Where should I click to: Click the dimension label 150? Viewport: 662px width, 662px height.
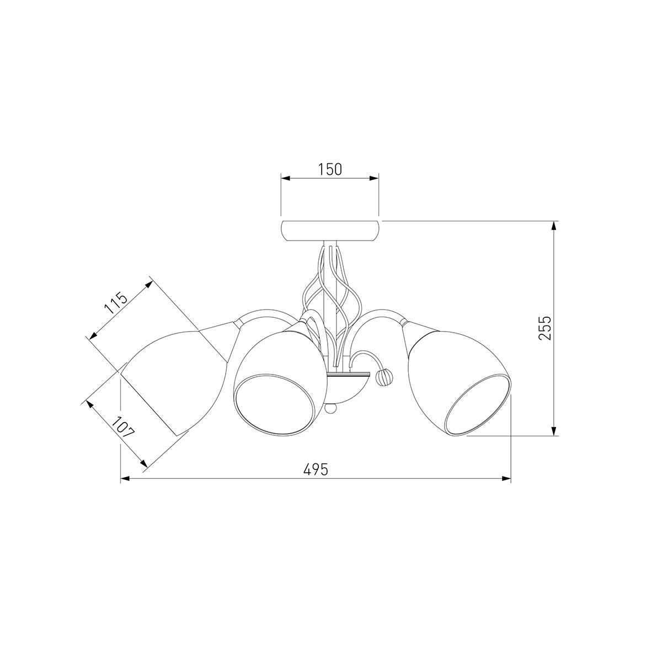329,169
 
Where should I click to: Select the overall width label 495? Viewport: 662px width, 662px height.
316,469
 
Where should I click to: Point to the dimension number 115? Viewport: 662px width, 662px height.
116,303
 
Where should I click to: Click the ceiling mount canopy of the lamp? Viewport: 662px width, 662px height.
330,231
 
